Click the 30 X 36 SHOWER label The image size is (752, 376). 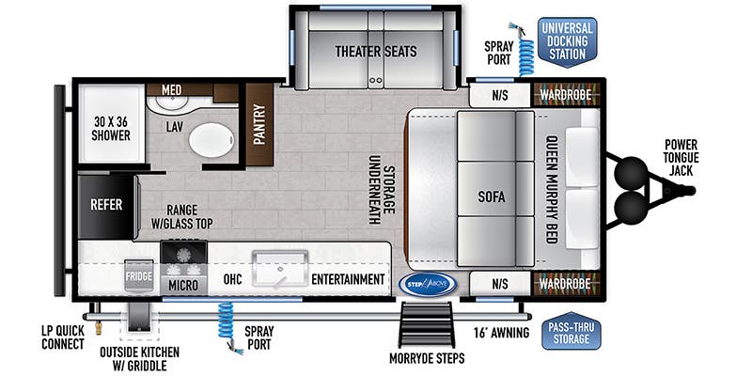tap(111, 127)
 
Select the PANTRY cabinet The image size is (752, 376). tap(258, 123)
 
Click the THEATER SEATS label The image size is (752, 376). tap(376, 51)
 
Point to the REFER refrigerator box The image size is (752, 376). tap(106, 205)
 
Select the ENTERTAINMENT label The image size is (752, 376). tap(348, 279)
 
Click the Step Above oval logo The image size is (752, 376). tap(427, 282)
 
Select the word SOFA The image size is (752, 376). tap(491, 197)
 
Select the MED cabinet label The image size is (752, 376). tap(171, 90)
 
